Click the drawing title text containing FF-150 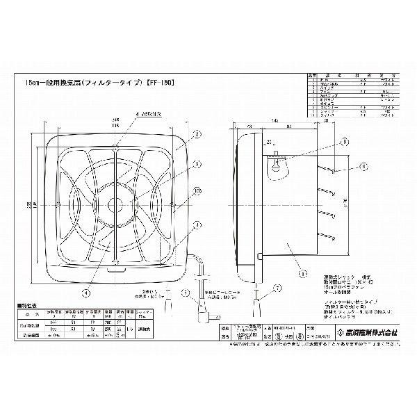[x=97, y=82]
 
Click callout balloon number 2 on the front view [x=198, y=135]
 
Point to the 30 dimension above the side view [x=326, y=120]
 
